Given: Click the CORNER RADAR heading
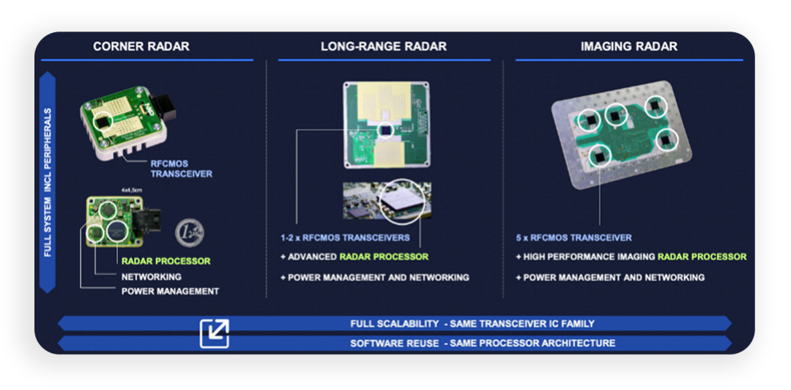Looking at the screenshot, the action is click(x=141, y=46).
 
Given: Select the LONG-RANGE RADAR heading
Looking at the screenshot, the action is click(x=383, y=46).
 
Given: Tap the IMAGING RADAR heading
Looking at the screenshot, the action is click(x=629, y=46).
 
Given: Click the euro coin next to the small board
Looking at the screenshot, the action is click(x=189, y=233).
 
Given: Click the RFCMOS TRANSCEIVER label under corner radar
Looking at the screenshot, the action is click(x=182, y=169).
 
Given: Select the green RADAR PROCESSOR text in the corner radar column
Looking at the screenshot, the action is click(x=166, y=261).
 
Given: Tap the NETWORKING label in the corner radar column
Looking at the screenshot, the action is click(x=152, y=277).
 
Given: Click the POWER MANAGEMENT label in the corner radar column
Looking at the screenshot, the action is click(x=170, y=292).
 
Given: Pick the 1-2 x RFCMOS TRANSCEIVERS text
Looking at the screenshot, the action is click(x=345, y=238).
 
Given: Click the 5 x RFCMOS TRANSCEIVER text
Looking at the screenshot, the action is click(x=573, y=238).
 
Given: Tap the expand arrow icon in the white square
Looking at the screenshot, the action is click(x=215, y=334).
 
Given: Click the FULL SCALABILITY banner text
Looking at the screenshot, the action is click(x=472, y=323).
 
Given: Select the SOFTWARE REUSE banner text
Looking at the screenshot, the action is click(x=483, y=344).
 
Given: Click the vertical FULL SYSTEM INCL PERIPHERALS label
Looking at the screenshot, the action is click(x=48, y=183).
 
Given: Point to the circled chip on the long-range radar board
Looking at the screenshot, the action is click(x=387, y=130).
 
